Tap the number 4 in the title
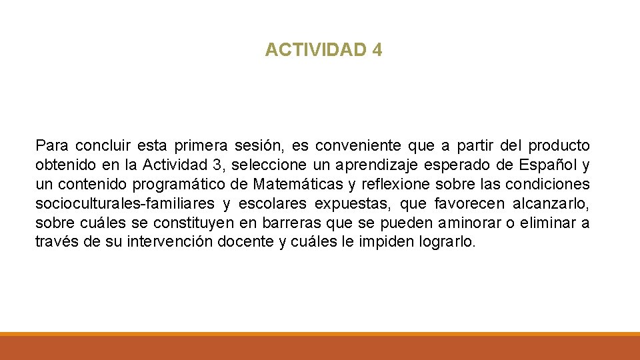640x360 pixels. (378, 50)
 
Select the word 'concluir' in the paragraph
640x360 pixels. (103, 145)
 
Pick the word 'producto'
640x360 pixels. (559, 145)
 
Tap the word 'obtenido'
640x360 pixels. (63, 165)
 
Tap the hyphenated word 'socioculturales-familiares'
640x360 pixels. (125, 203)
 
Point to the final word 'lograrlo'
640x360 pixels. (450, 242)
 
